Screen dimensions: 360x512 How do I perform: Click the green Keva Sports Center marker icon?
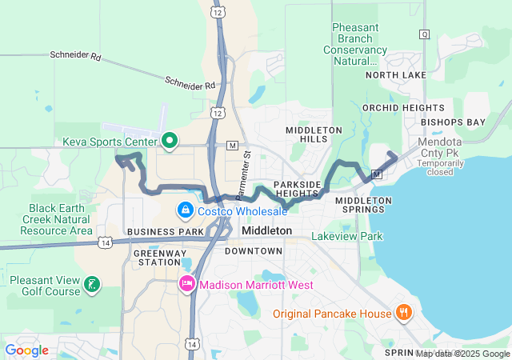coord(169,142)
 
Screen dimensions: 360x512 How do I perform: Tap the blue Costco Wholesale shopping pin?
coord(185,210)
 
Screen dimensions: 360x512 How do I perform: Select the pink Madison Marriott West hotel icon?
coord(186,284)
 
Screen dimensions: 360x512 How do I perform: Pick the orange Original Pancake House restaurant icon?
coord(404,312)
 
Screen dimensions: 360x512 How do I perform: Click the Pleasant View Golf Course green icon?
coord(93,284)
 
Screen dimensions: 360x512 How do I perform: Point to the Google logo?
coord(27,350)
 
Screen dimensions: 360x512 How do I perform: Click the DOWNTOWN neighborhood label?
coord(253,251)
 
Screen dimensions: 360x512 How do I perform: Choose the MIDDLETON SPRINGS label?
coord(362,205)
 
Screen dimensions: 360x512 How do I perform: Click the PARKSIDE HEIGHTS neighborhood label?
coord(297,189)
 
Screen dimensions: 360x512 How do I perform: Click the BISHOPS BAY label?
coord(454,122)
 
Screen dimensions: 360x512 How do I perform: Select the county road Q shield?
coord(424,34)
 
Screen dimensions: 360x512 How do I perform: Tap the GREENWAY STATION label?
coord(158,256)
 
